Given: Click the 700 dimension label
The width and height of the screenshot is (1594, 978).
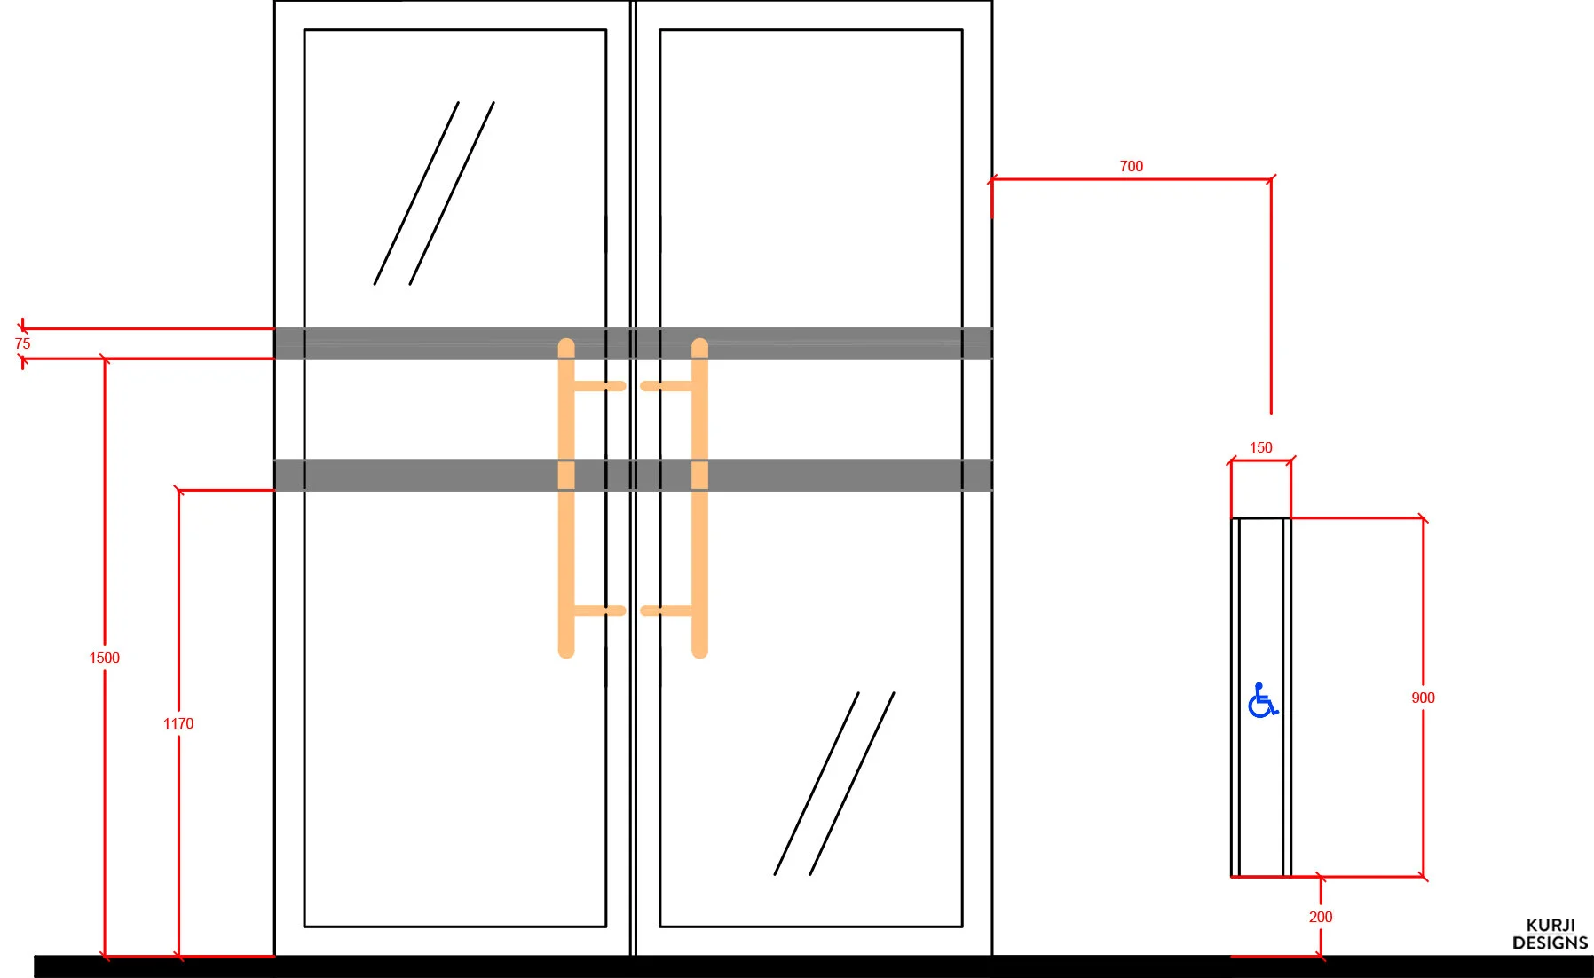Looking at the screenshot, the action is click(x=1131, y=166).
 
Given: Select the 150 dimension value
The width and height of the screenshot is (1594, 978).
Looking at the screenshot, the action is click(x=1260, y=447).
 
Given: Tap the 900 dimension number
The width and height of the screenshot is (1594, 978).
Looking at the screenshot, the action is click(x=1423, y=698).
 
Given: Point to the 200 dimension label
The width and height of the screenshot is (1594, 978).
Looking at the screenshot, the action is click(x=1320, y=917).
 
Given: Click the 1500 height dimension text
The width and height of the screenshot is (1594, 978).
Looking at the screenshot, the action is click(x=104, y=658).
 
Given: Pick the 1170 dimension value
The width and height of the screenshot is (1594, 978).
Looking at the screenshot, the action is click(x=178, y=723).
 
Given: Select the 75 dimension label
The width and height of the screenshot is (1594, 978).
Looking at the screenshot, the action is click(x=23, y=343).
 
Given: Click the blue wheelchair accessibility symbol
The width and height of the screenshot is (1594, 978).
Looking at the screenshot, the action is click(x=1261, y=700).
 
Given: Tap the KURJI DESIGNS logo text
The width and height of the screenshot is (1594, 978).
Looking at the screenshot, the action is click(x=1550, y=935).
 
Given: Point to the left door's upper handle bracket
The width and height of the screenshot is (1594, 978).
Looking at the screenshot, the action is click(x=600, y=386).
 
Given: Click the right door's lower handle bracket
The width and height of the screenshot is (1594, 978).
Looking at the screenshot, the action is click(x=666, y=611).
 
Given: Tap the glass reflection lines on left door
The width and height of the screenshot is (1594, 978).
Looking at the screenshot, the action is click(x=434, y=193).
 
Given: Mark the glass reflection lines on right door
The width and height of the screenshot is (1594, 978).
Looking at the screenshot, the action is click(x=834, y=784).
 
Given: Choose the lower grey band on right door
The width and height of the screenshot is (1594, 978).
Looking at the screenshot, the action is click(x=843, y=475).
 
